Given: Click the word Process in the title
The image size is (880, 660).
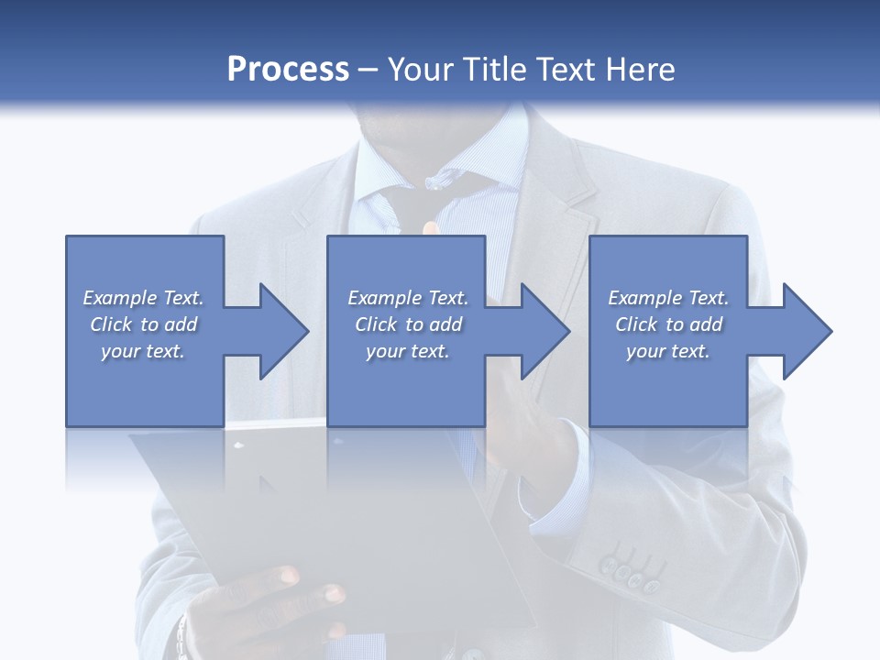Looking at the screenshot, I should pyautogui.click(x=288, y=70).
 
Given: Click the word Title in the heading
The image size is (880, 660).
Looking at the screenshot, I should pyautogui.click(x=495, y=70).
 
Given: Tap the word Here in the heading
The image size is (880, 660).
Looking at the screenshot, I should pyautogui.click(x=641, y=70).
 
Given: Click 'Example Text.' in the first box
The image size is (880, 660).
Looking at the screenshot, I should pyautogui.click(x=144, y=298).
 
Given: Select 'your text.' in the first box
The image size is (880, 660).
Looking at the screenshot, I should pyautogui.click(x=144, y=351).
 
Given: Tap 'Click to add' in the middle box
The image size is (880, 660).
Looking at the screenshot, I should pyautogui.click(x=408, y=324).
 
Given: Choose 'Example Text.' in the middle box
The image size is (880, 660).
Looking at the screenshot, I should pyautogui.click(x=408, y=298).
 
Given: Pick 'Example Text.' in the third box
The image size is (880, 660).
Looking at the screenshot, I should pyautogui.click(x=668, y=298).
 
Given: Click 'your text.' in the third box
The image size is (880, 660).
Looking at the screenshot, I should pyautogui.click(x=668, y=351).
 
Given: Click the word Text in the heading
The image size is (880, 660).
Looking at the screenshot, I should pyautogui.click(x=567, y=70).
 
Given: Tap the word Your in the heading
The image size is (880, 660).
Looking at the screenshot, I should pyautogui.click(x=423, y=70).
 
